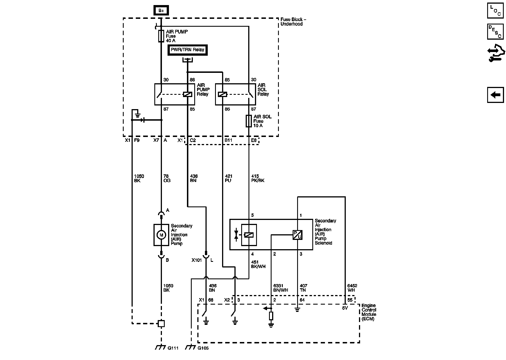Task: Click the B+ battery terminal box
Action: pyautogui.click(x=161, y=11)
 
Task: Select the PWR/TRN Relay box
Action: pyautogui.click(x=188, y=50)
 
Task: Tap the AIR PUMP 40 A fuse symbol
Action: pyautogui.click(x=161, y=36)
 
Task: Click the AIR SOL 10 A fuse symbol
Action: pyautogui.click(x=249, y=121)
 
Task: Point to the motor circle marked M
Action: pyautogui.click(x=161, y=235)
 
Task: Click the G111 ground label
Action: pyautogui.click(x=173, y=348)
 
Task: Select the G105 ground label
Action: pyautogui.click(x=203, y=348)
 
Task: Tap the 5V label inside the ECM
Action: pyautogui.click(x=345, y=308)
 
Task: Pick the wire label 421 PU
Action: pyautogui.click(x=229, y=178)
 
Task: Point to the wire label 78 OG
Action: pyautogui.click(x=167, y=178)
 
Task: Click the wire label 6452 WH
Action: pyautogui.click(x=352, y=288)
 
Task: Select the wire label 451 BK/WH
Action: pyautogui.click(x=258, y=264)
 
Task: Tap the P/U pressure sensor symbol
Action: pyautogui.click(x=297, y=235)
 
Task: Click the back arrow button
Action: pyautogui.click(x=495, y=95)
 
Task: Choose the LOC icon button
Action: pyautogui.click(x=495, y=11)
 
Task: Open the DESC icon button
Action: pyautogui.click(x=495, y=31)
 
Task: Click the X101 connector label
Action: pyautogui.click(x=197, y=260)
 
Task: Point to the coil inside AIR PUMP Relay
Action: pyautogui.click(x=188, y=94)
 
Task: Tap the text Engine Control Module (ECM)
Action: pyautogui.click(x=369, y=312)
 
